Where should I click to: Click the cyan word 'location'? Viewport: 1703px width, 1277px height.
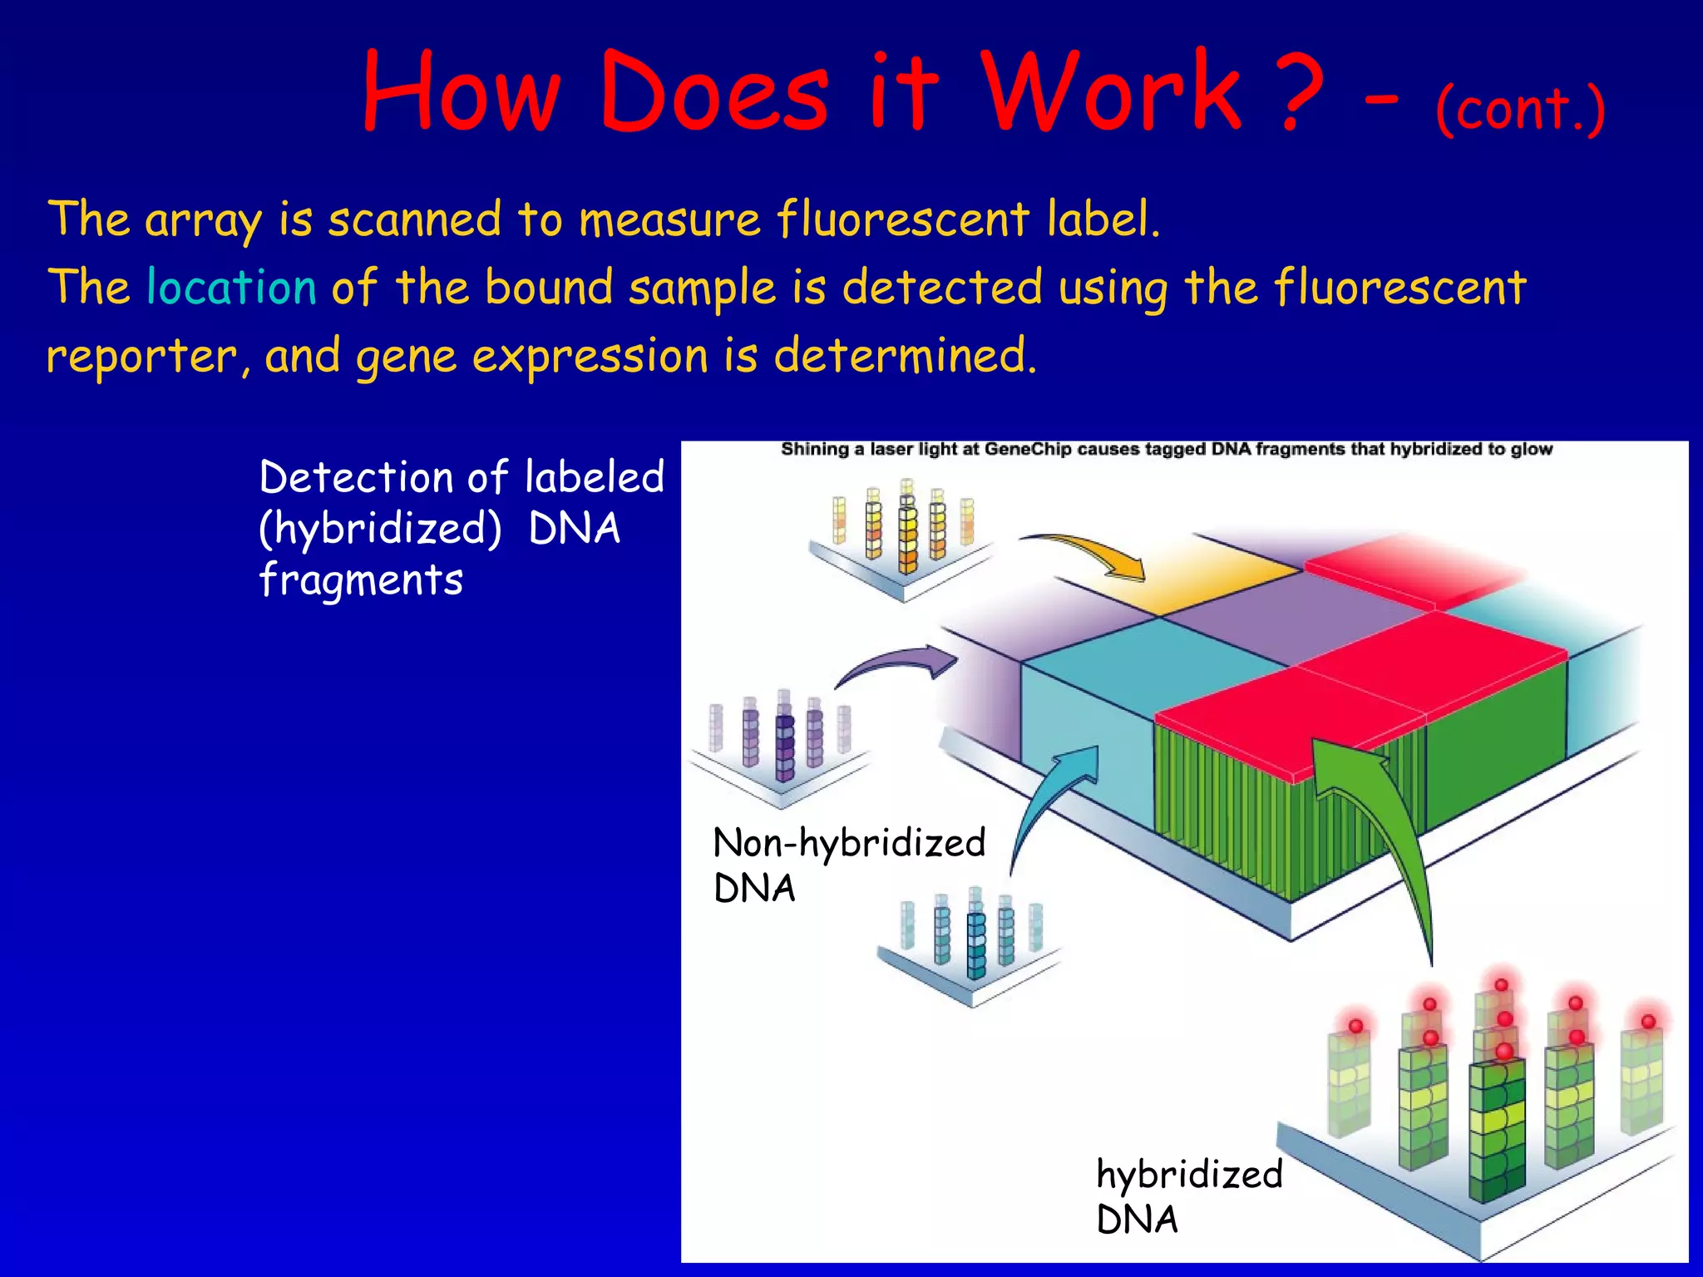tap(231, 288)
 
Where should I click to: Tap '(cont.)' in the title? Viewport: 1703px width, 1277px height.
tap(1520, 108)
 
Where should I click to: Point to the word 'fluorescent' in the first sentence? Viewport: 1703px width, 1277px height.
tap(902, 219)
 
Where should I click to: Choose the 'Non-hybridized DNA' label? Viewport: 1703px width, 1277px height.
tap(848, 865)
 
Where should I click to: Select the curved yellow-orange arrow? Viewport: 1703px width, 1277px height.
tap(1089, 553)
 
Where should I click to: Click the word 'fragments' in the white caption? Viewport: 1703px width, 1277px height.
tap(361, 580)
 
